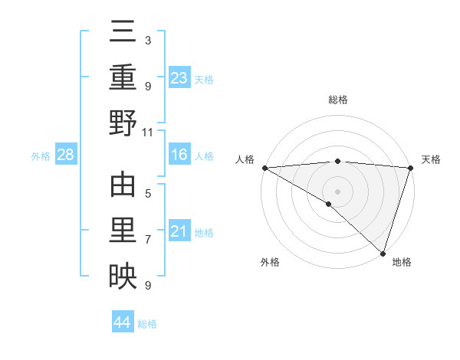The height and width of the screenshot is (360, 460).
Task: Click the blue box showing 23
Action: coord(179,77)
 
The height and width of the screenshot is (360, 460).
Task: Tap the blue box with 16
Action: coord(179,155)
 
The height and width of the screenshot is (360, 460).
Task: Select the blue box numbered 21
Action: coord(179,231)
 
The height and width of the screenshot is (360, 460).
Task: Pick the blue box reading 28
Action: coord(66,155)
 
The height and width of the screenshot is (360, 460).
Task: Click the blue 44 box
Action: coord(123,322)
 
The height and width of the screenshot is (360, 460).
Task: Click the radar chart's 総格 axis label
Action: coord(338,100)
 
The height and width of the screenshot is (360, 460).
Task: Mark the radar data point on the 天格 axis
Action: coord(411,168)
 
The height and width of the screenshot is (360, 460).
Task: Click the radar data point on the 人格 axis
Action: coord(264,168)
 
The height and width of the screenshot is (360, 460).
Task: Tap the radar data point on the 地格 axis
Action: coord(383,252)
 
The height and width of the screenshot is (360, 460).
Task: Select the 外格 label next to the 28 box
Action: coord(41,156)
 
